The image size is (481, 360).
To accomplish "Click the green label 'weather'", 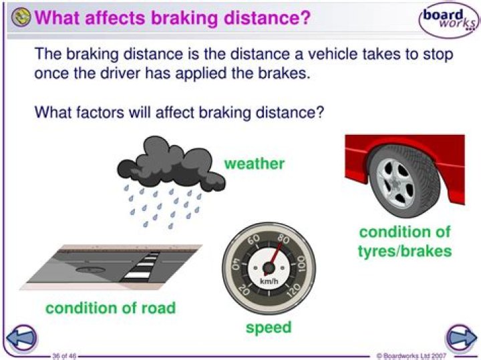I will click(254, 164).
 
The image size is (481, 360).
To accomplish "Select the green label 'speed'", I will click(269, 327).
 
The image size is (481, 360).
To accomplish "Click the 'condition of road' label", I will click(110, 308).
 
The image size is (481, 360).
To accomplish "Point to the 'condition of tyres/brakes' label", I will click(405, 241).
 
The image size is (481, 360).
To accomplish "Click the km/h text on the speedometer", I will click(269, 281).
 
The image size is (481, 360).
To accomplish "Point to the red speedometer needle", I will click(275, 256).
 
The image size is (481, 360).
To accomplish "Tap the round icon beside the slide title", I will click(21, 17).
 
